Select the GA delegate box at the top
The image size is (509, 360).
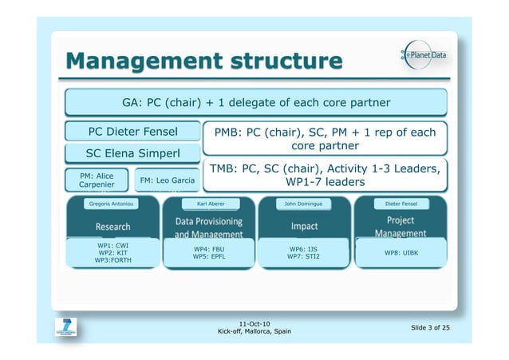point(255,102)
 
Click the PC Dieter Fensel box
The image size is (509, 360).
point(132,131)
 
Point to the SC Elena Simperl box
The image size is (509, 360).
point(132,153)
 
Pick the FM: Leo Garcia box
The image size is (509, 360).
point(167,180)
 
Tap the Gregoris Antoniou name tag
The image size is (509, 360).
point(112,204)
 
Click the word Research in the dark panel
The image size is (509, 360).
point(112,227)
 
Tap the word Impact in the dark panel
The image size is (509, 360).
point(304,227)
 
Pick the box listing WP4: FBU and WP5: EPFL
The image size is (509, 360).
point(209,253)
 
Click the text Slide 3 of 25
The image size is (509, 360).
point(430,327)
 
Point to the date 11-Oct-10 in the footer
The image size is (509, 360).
point(254,322)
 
